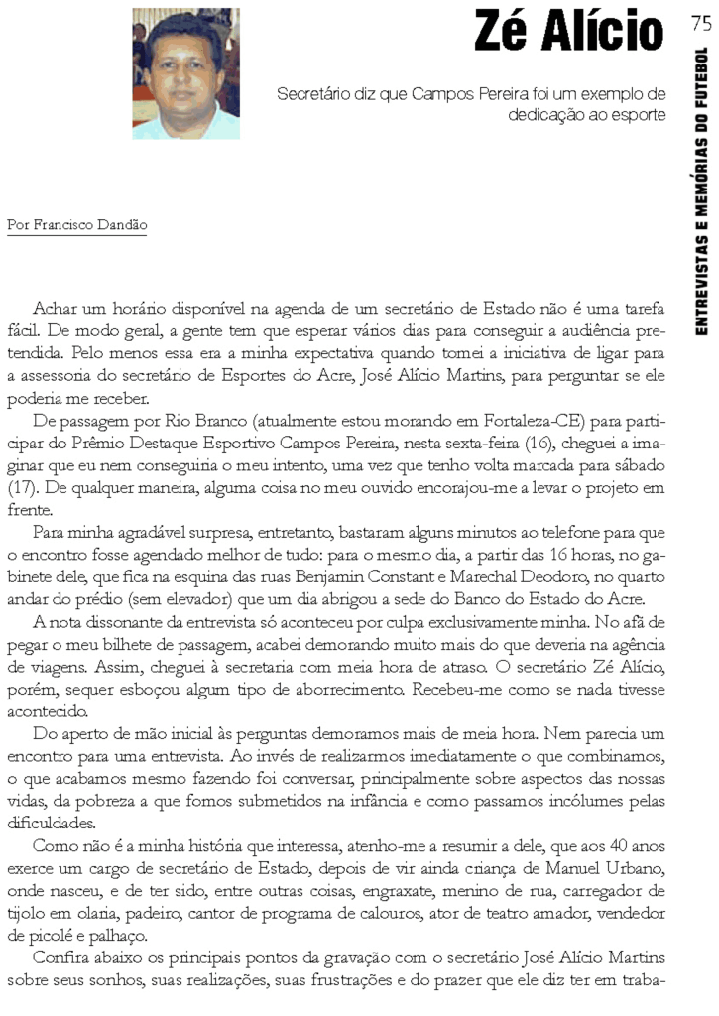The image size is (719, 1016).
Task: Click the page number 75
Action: click(x=700, y=24)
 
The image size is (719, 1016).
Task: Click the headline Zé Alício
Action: click(x=568, y=33)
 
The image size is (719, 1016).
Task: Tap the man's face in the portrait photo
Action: click(x=185, y=69)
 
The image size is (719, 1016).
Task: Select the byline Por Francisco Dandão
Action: click(x=76, y=225)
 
